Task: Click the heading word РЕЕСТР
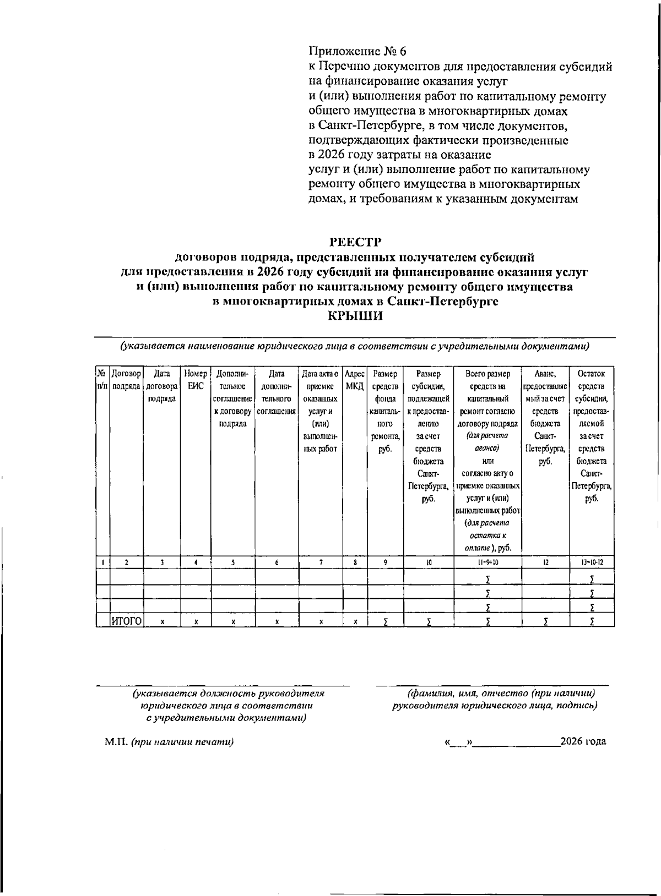pos(355,242)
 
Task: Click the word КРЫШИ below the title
pos(355,316)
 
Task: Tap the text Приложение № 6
pos(357,52)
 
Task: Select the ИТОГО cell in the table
pos(127,621)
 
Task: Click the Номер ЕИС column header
pos(196,380)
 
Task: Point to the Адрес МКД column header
pos(355,380)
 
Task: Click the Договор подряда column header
pos(127,380)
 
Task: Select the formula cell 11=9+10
pos(487,562)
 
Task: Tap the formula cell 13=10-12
pos(592,562)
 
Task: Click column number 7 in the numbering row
pos(321,562)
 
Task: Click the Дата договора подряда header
pos(161,386)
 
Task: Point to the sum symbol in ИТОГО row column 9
pos(386,621)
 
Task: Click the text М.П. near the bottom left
pos(116,742)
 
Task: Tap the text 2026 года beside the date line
pos(583,741)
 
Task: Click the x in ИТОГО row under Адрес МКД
pos(355,621)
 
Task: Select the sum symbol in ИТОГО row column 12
pos(545,621)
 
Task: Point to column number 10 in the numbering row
pos(429,562)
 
